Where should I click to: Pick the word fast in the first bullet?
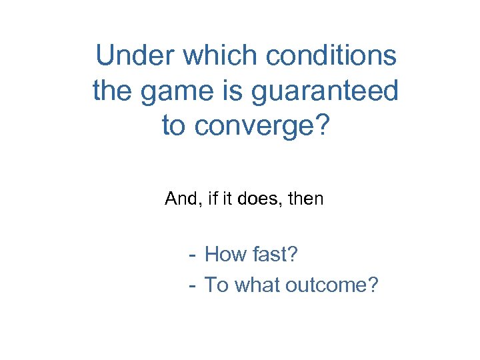273,254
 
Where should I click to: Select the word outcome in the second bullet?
331,285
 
